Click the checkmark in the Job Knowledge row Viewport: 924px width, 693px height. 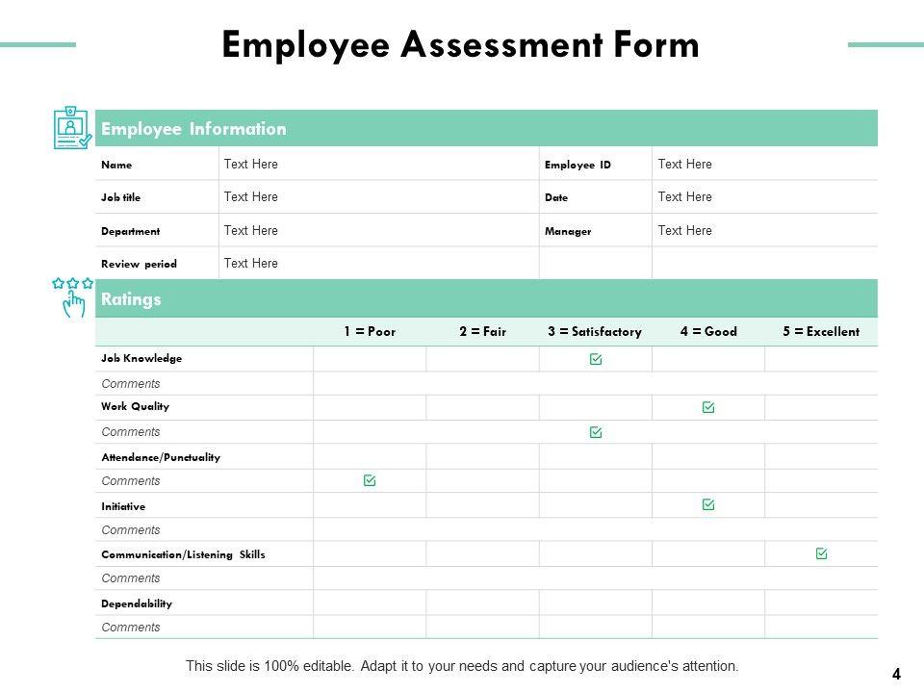596,359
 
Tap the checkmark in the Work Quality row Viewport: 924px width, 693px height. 708,408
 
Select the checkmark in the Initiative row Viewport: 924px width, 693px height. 708,504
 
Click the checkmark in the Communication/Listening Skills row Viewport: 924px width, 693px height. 821,553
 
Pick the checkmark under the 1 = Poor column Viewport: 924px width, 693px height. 370,480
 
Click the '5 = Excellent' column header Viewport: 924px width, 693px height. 821,332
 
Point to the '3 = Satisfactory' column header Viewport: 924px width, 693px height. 595,332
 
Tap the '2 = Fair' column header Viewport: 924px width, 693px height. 482,332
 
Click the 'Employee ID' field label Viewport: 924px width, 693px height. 577,165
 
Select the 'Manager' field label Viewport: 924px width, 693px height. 568,231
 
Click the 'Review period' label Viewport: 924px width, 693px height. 139,264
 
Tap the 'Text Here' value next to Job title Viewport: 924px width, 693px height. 250,197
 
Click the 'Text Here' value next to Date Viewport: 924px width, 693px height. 684,197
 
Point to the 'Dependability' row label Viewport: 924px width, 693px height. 137,603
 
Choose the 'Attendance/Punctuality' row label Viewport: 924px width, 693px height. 161,457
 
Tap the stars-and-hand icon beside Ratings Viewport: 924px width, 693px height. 73,296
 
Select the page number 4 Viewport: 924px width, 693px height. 896,674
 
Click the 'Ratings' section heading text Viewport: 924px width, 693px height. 131,299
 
